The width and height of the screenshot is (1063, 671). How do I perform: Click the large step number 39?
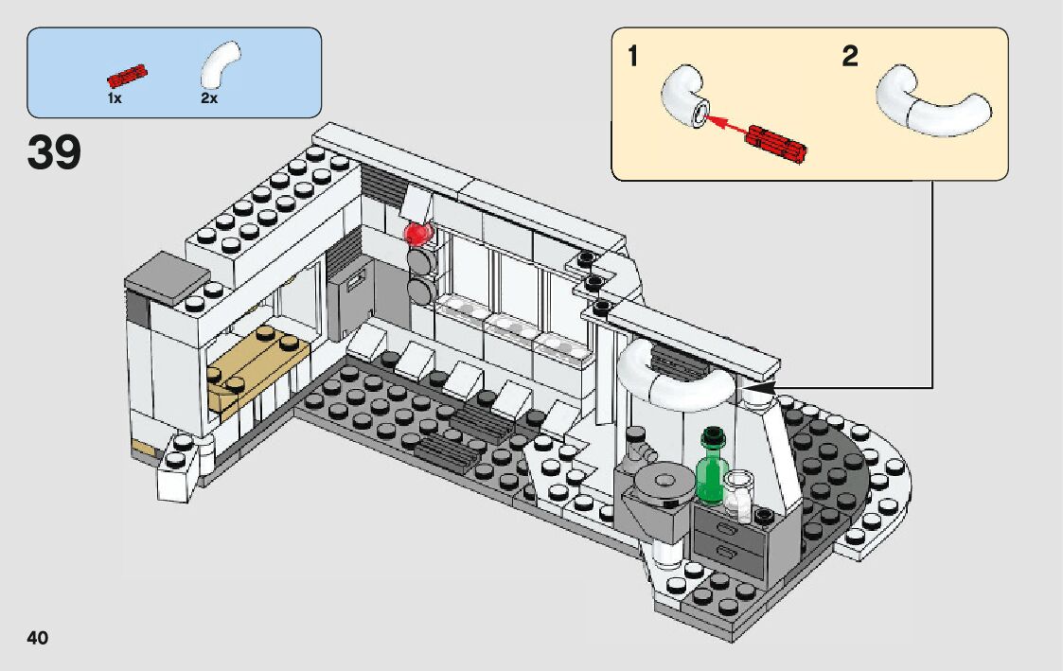(54, 154)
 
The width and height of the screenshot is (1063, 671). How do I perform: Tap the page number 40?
(38, 638)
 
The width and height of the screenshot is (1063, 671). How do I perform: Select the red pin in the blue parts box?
(128, 75)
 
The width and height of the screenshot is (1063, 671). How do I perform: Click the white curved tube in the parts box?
(220, 64)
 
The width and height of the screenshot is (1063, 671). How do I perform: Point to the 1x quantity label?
(114, 97)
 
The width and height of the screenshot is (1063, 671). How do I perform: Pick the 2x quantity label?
(209, 97)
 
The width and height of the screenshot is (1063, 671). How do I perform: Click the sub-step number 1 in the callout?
(632, 57)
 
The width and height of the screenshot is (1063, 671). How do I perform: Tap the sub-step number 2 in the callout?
(849, 57)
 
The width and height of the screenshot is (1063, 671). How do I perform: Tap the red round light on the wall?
(416, 233)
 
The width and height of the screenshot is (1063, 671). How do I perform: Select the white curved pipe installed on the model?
(674, 376)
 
